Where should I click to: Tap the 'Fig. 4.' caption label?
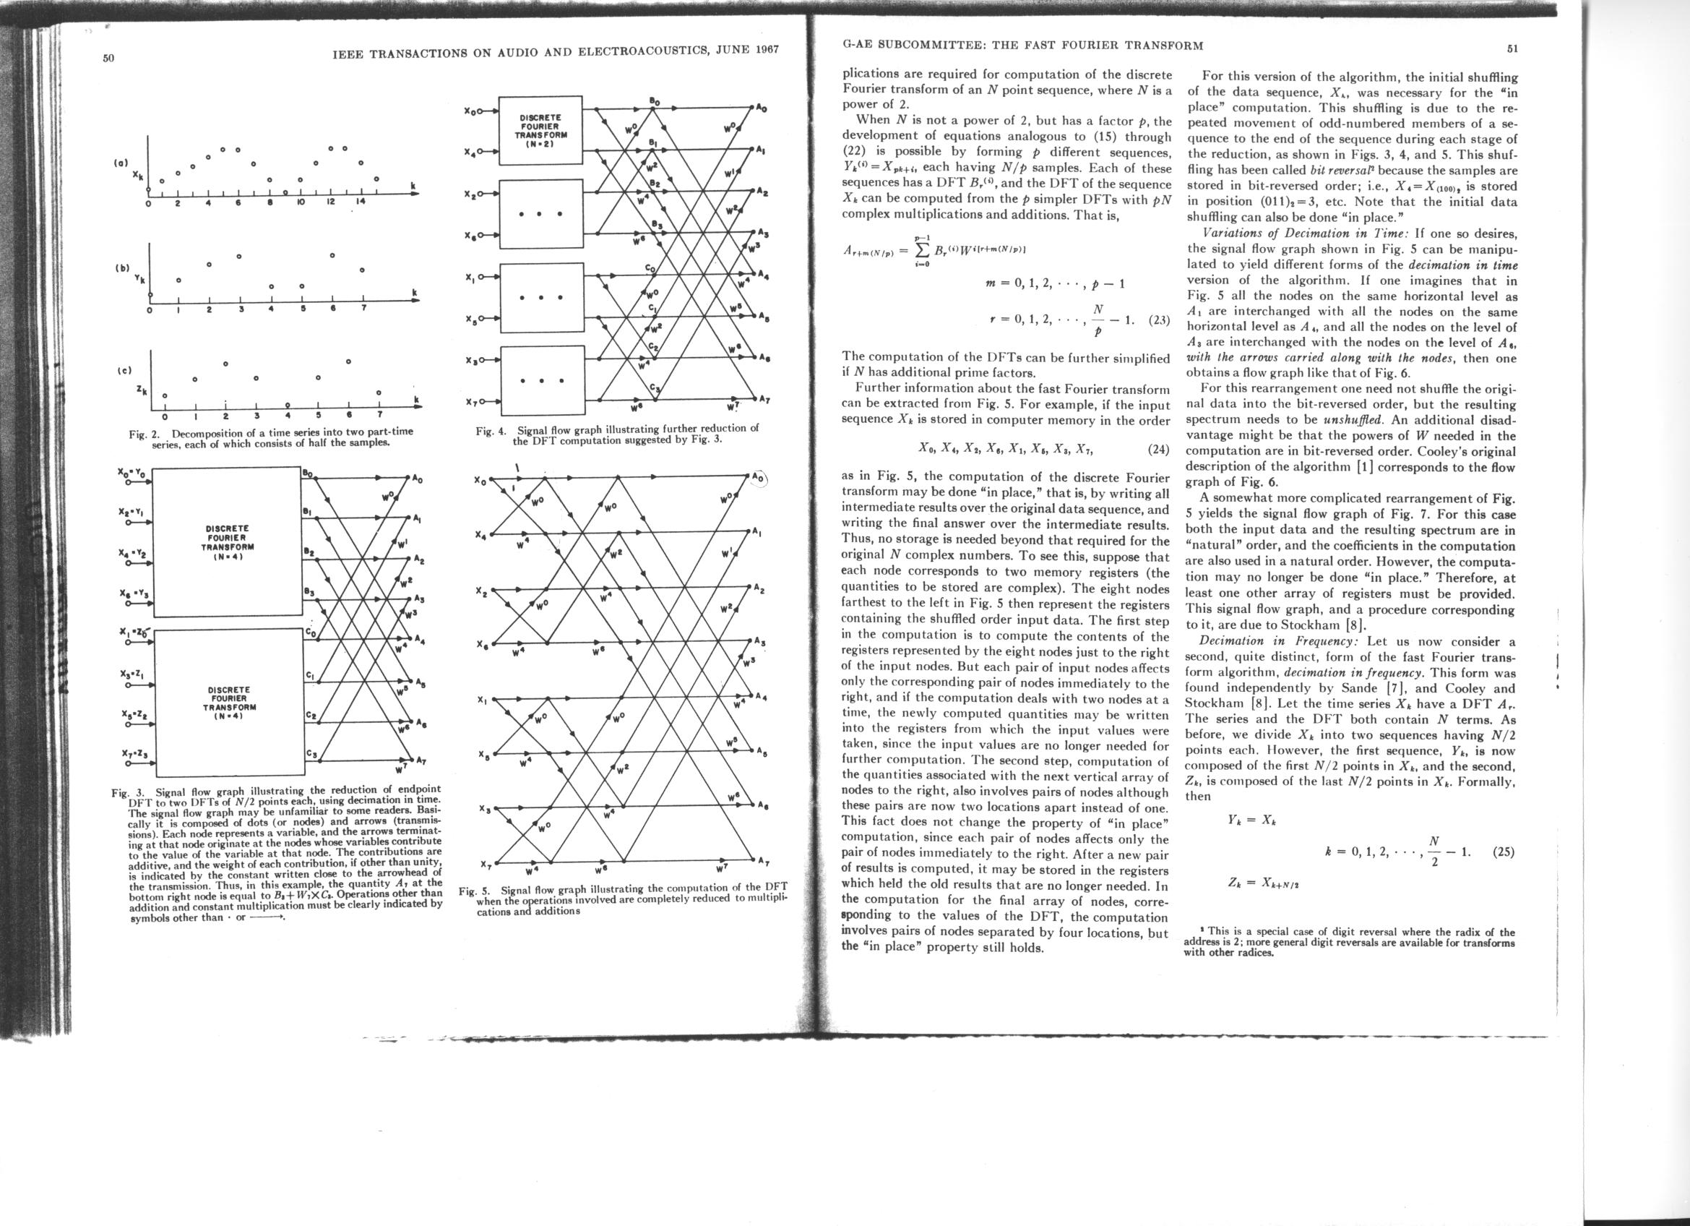491,430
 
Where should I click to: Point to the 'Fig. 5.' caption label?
473,891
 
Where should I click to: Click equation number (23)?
1160,322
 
